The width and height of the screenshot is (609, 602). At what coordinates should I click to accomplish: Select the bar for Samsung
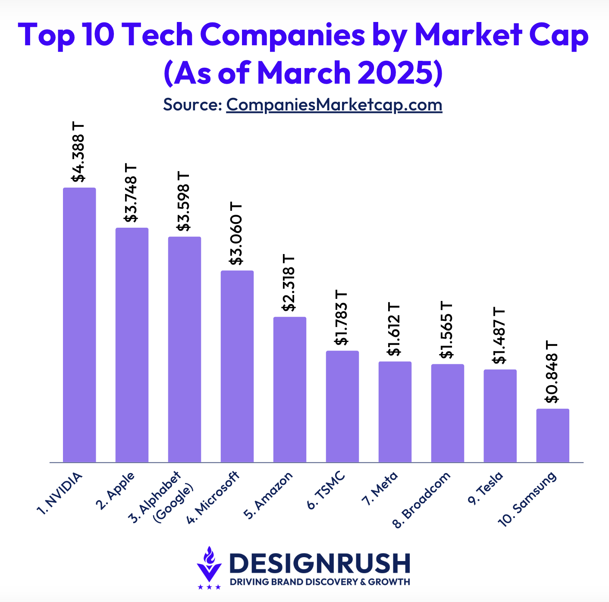552,435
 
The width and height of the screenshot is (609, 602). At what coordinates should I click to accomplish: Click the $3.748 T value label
131,192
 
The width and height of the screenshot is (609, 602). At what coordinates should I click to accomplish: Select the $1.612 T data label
394,329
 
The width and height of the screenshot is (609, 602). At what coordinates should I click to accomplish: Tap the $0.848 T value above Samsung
552,372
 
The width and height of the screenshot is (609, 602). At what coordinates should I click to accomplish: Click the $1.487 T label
499,335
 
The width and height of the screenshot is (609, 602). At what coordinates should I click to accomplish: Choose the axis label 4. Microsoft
213,498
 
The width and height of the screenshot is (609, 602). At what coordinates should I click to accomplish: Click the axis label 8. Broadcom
422,500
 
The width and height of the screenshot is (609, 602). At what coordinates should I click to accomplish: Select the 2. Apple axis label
115,491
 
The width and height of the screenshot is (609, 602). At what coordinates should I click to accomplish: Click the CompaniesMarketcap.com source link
334,105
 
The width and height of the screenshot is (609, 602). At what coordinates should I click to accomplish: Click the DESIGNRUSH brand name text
320,563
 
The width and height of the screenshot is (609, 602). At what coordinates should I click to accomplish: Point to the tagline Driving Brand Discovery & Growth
320,582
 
